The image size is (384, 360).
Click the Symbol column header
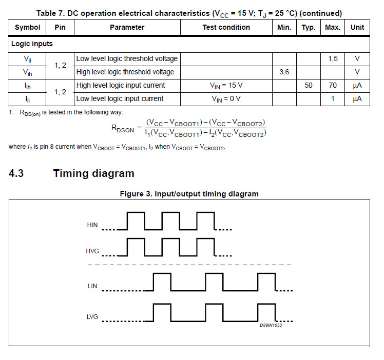[x=28, y=27]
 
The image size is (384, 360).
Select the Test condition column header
[x=226, y=27]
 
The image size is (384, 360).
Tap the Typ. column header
[x=308, y=27]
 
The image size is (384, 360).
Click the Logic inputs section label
[x=32, y=44]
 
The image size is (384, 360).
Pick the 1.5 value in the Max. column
[x=333, y=58]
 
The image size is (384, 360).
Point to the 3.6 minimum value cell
[x=284, y=72]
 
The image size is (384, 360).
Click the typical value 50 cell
[x=308, y=85]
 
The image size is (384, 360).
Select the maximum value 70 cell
[x=333, y=85]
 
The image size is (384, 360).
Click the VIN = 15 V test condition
[x=226, y=85]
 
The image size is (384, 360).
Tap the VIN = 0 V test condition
[x=226, y=98]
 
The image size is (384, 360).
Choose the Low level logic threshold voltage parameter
[x=127, y=58]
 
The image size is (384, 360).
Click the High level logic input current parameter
[x=121, y=85]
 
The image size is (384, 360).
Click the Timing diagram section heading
[x=93, y=173]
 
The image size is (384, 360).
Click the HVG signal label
[x=92, y=251]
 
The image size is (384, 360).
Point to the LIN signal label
[x=92, y=286]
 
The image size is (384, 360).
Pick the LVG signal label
[x=92, y=317]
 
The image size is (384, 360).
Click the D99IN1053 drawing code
[x=271, y=326]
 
